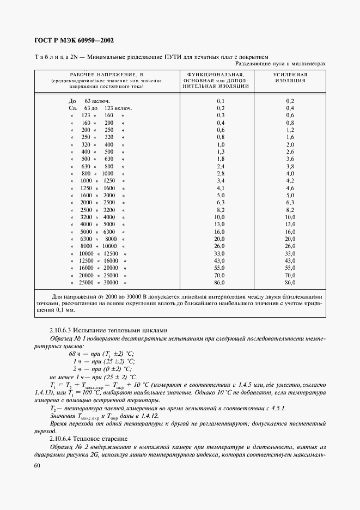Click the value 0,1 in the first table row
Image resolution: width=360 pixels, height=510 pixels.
[x=221, y=101]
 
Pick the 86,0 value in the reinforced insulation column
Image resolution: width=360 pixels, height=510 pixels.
[x=290, y=282]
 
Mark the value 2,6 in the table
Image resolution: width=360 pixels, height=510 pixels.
[x=290, y=151]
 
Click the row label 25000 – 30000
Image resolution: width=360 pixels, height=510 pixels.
[x=99, y=282]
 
